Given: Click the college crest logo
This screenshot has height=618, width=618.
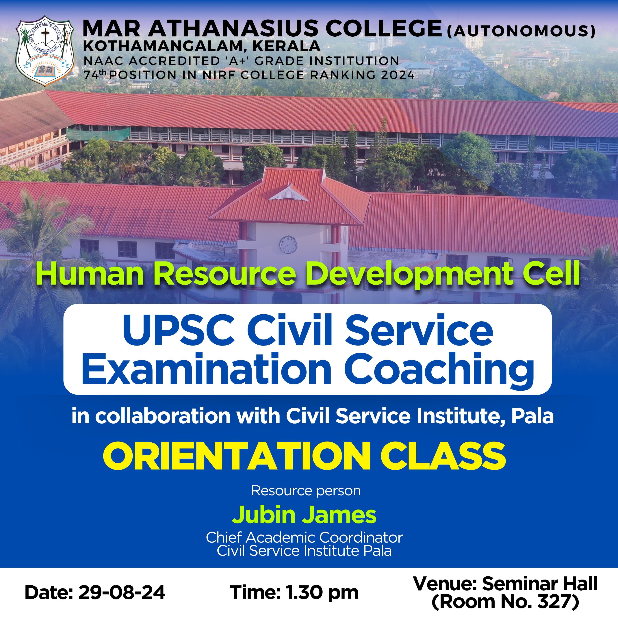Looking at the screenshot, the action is pos(45,51).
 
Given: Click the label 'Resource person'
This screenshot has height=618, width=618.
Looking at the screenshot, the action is pos(306,491).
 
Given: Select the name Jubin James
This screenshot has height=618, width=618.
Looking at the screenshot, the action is pos(304,515).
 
